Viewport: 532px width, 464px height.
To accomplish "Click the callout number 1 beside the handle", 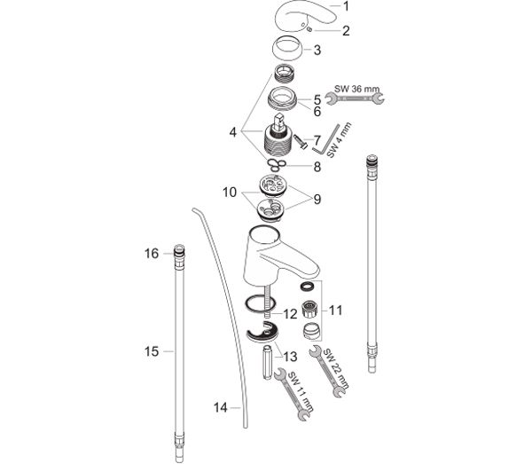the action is coord(346,6).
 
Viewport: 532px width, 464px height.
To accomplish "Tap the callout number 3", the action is coord(317,51).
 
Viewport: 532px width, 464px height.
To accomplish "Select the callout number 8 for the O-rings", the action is coord(317,167).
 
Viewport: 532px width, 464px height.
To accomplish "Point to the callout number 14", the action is coord(220,407).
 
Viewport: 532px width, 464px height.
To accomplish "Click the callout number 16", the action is coord(152,253).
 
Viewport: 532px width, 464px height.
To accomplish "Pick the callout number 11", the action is coord(335,311).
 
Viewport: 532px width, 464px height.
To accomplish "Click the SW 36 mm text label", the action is coord(357,89).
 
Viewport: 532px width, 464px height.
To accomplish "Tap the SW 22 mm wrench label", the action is coord(335,368).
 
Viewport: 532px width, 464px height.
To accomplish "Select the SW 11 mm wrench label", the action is coord(301,391).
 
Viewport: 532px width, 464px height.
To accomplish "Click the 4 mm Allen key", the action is coord(325,140).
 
